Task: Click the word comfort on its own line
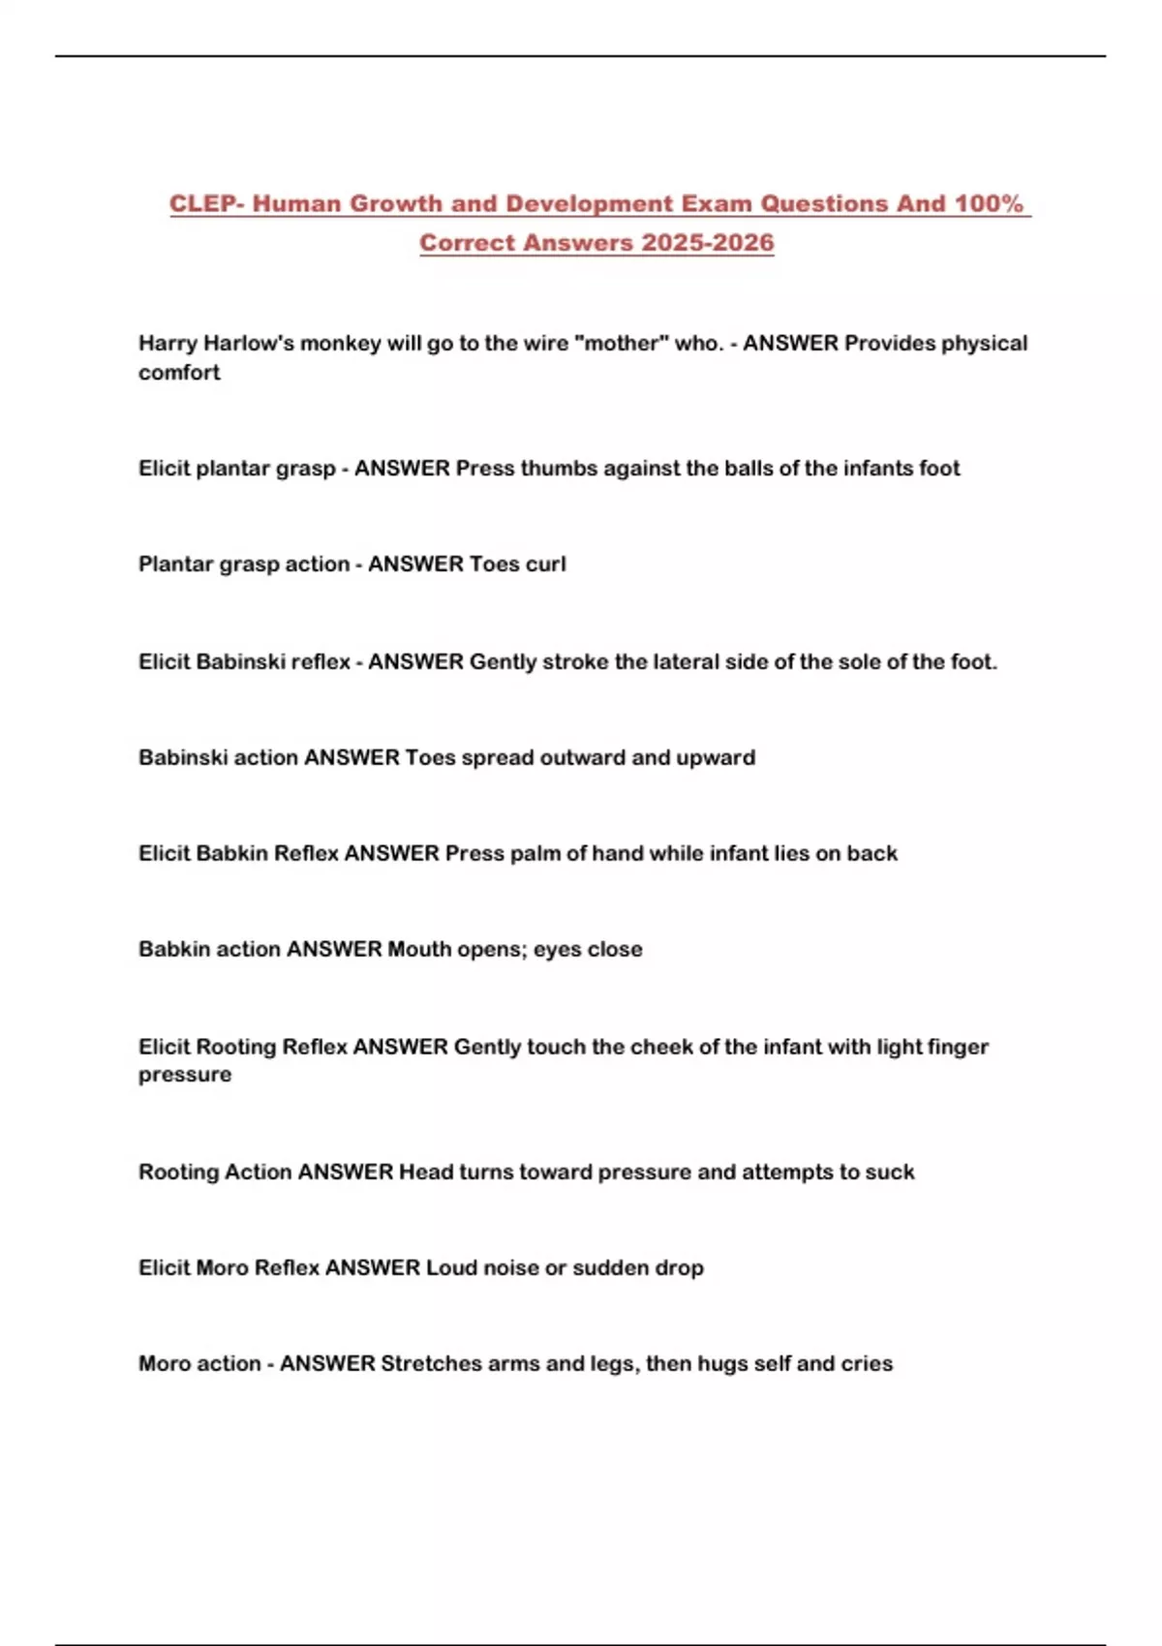point(179,373)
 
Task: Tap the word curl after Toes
point(545,564)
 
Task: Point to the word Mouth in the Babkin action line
point(419,950)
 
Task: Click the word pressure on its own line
point(185,1076)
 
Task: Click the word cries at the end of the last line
point(866,1364)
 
